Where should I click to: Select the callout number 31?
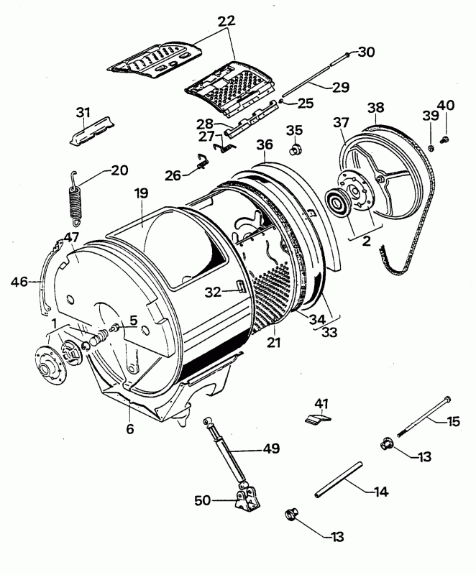pos(84,112)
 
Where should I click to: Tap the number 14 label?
pos(380,492)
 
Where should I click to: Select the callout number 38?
pos(375,108)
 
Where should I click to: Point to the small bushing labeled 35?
pos(294,151)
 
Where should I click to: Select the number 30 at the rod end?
pos(367,52)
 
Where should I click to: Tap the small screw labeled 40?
pos(445,139)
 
